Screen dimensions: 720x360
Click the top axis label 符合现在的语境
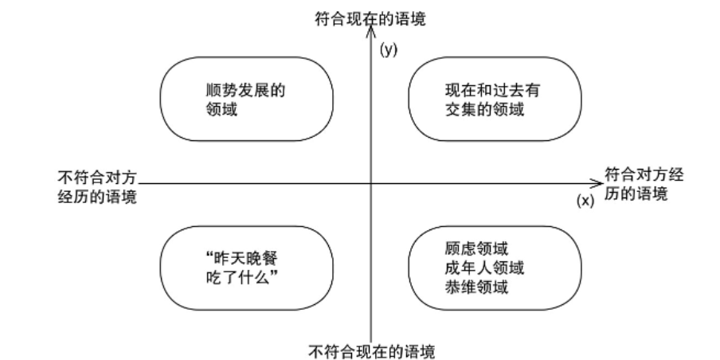(x=370, y=19)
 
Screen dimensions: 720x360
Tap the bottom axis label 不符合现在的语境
(x=371, y=352)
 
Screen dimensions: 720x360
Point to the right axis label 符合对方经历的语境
(x=644, y=184)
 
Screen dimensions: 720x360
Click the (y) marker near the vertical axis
(x=389, y=49)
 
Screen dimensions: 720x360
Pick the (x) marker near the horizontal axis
(x=585, y=201)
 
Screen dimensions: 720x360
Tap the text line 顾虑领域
(x=476, y=248)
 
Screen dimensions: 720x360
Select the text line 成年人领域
(x=484, y=268)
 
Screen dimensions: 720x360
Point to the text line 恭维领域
(x=476, y=287)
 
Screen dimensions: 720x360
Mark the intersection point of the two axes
(x=371, y=184)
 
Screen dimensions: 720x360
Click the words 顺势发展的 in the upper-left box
(x=245, y=91)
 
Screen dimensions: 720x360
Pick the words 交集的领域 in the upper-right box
(x=484, y=110)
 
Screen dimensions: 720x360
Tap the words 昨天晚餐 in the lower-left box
(x=246, y=260)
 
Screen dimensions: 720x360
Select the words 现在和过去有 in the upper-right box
(x=492, y=91)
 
